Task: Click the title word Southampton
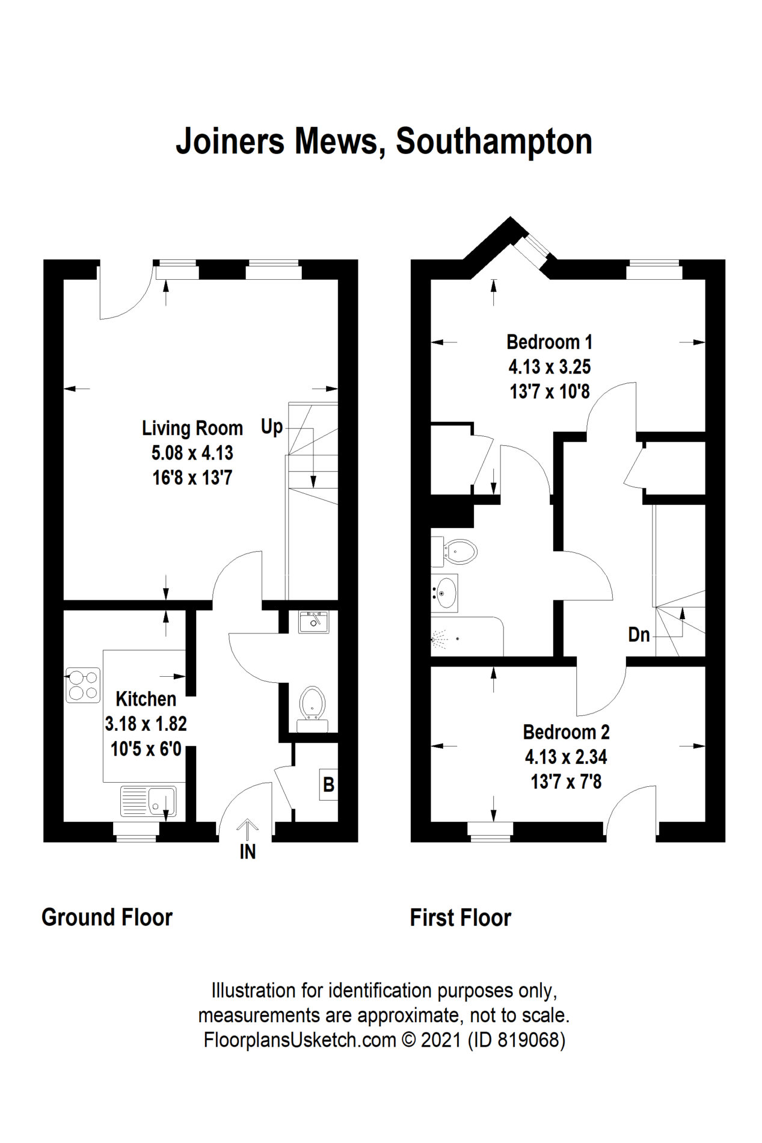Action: click(x=494, y=142)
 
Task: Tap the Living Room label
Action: click(x=192, y=428)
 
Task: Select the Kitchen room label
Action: click(x=146, y=699)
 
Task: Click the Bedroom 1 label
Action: click(x=550, y=342)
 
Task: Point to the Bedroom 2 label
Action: click(x=566, y=732)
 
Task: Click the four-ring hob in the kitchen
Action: click(x=83, y=685)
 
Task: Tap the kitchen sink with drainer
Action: click(x=149, y=801)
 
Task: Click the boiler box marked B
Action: click(x=328, y=784)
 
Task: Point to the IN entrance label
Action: click(x=248, y=852)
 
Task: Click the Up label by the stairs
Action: click(x=271, y=427)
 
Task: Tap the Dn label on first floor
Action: click(x=639, y=635)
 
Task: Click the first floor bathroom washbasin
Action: click(x=444, y=593)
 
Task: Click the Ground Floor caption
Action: click(x=107, y=917)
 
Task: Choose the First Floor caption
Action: click(x=461, y=918)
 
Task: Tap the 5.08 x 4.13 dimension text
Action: click(x=192, y=453)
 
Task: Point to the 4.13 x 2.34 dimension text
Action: click(x=566, y=757)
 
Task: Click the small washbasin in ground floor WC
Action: click(x=313, y=621)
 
